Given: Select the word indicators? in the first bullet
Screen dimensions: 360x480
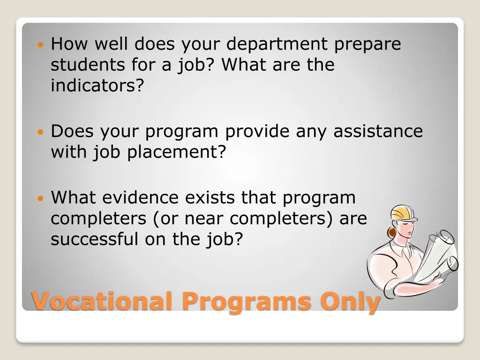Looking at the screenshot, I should click(x=97, y=85).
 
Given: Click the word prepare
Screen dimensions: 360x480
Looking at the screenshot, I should click(x=368, y=45).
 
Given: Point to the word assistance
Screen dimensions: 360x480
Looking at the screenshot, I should click(x=378, y=131).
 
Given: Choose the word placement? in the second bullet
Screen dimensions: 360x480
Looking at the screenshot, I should click(x=177, y=152).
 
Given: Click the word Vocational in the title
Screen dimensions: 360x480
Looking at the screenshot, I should click(x=101, y=301).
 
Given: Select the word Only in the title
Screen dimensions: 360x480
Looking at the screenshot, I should click(x=350, y=301).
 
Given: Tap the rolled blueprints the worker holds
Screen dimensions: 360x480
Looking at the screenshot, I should click(x=436, y=255).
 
